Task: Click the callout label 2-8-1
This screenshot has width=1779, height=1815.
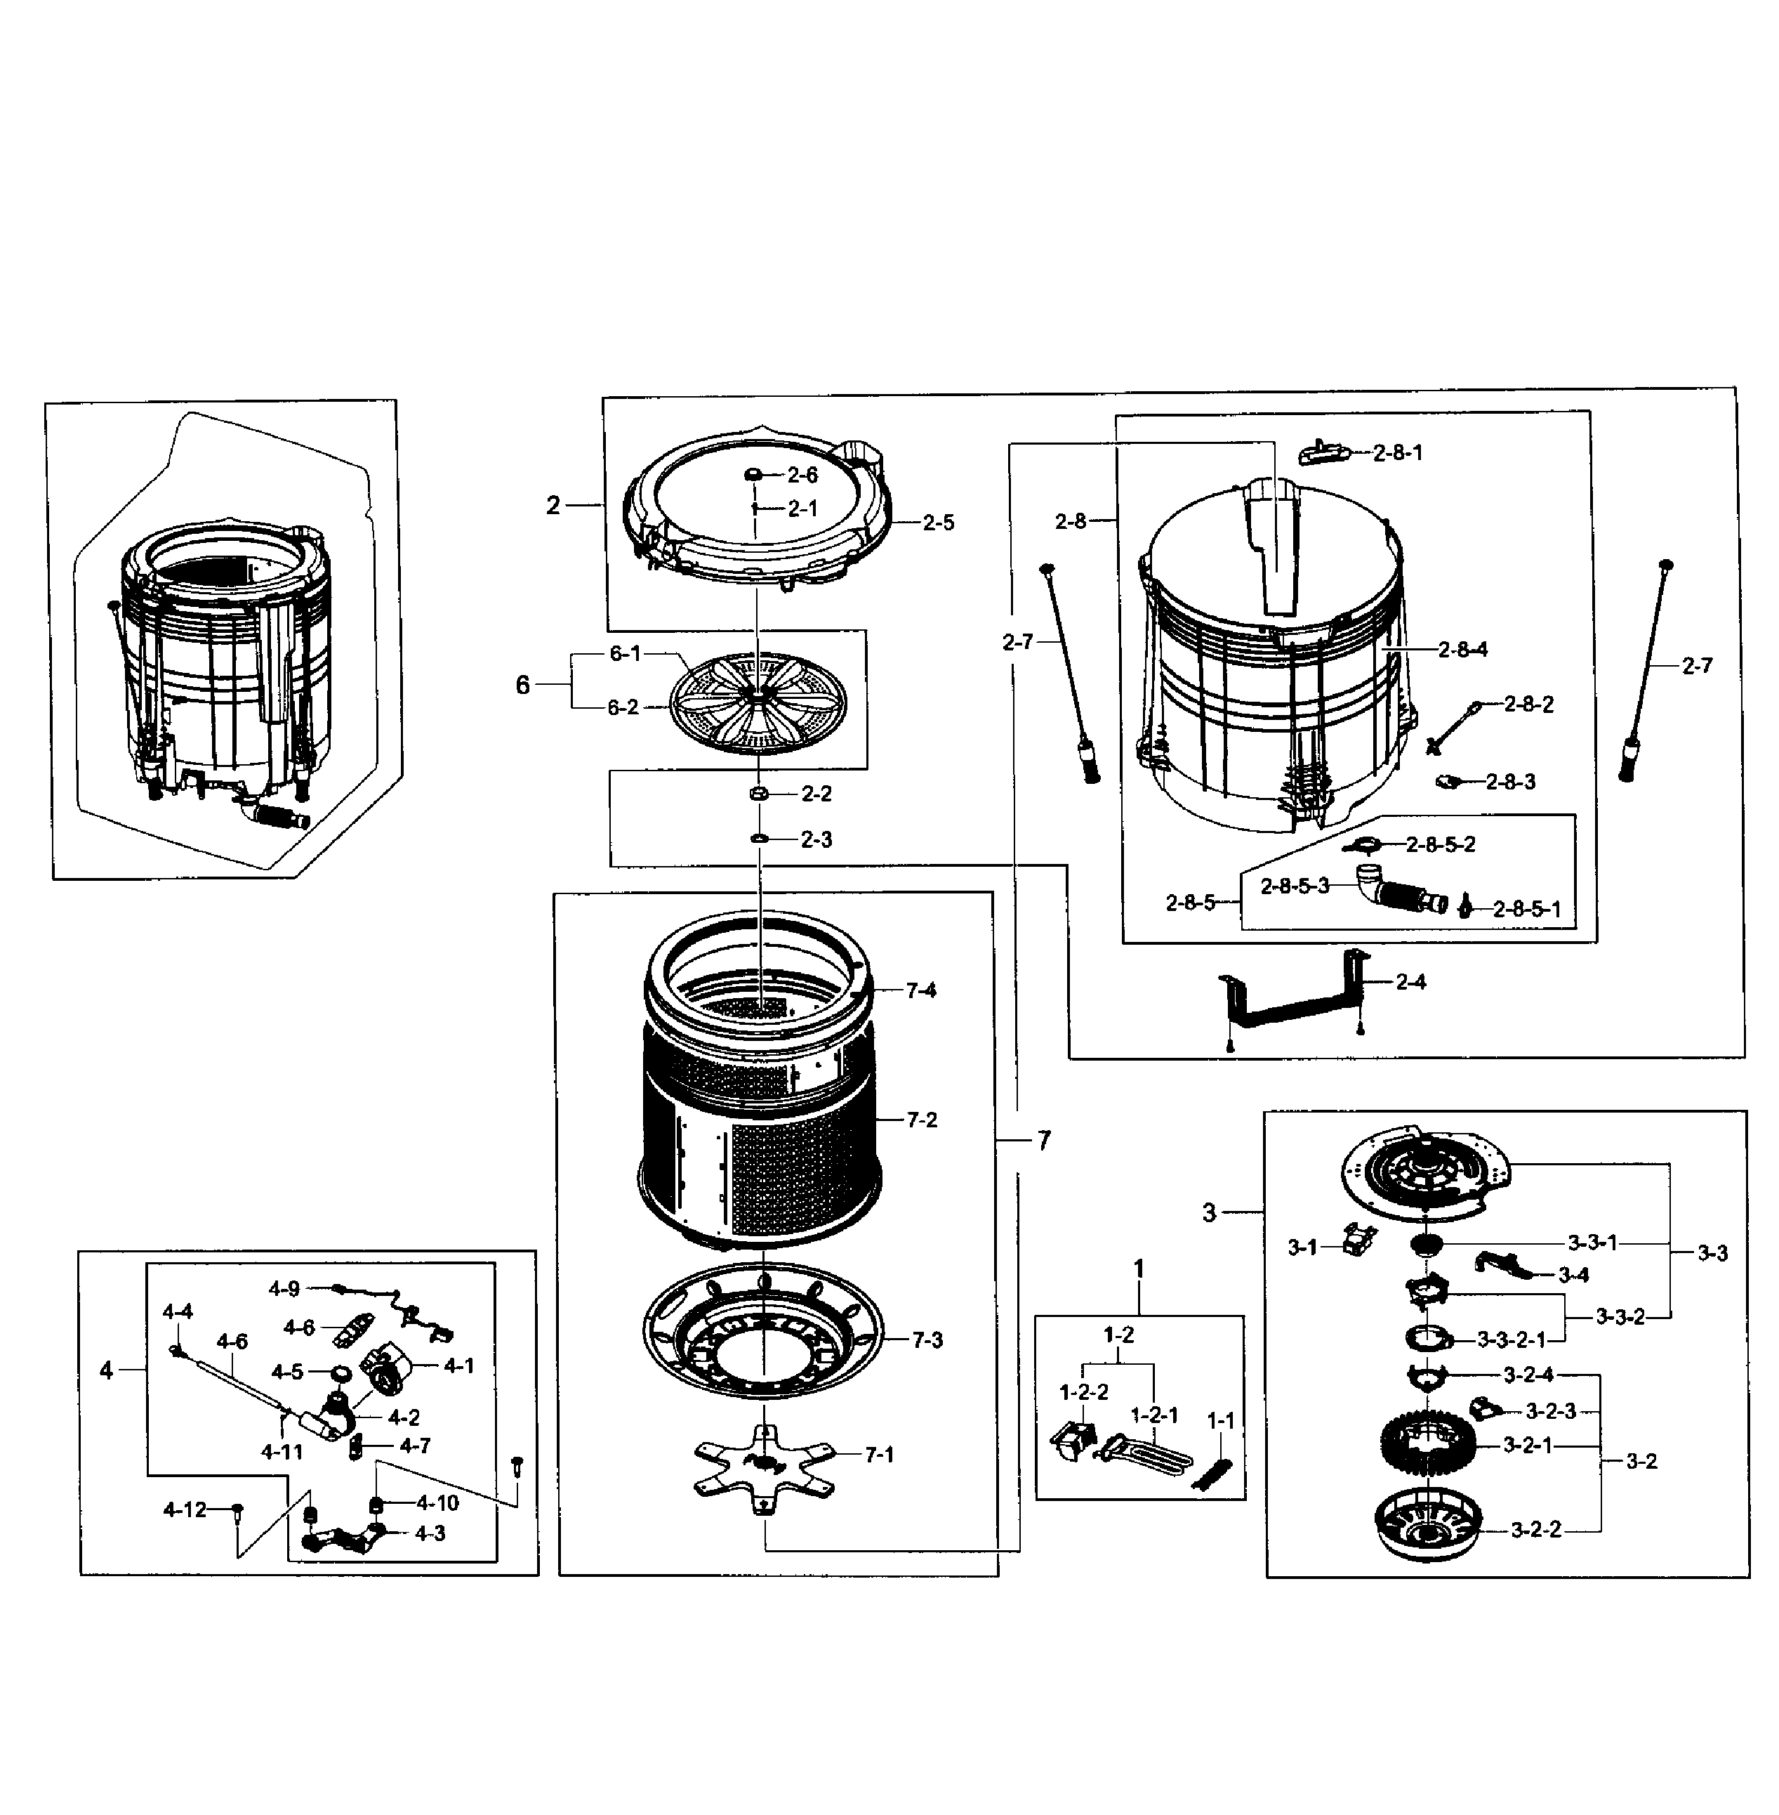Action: tap(1398, 453)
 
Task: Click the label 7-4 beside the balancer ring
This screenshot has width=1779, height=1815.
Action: tap(920, 990)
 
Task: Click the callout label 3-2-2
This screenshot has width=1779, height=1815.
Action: tap(1536, 1530)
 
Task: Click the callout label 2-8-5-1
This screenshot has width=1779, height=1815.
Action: tap(1527, 910)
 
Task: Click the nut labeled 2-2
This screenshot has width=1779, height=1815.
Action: tap(760, 794)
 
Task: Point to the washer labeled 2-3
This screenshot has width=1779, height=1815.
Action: tap(759, 839)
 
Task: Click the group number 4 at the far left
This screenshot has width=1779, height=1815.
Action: tap(107, 1370)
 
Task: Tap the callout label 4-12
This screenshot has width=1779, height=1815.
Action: tap(185, 1509)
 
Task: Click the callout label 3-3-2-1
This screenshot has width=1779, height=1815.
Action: tap(1511, 1340)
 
